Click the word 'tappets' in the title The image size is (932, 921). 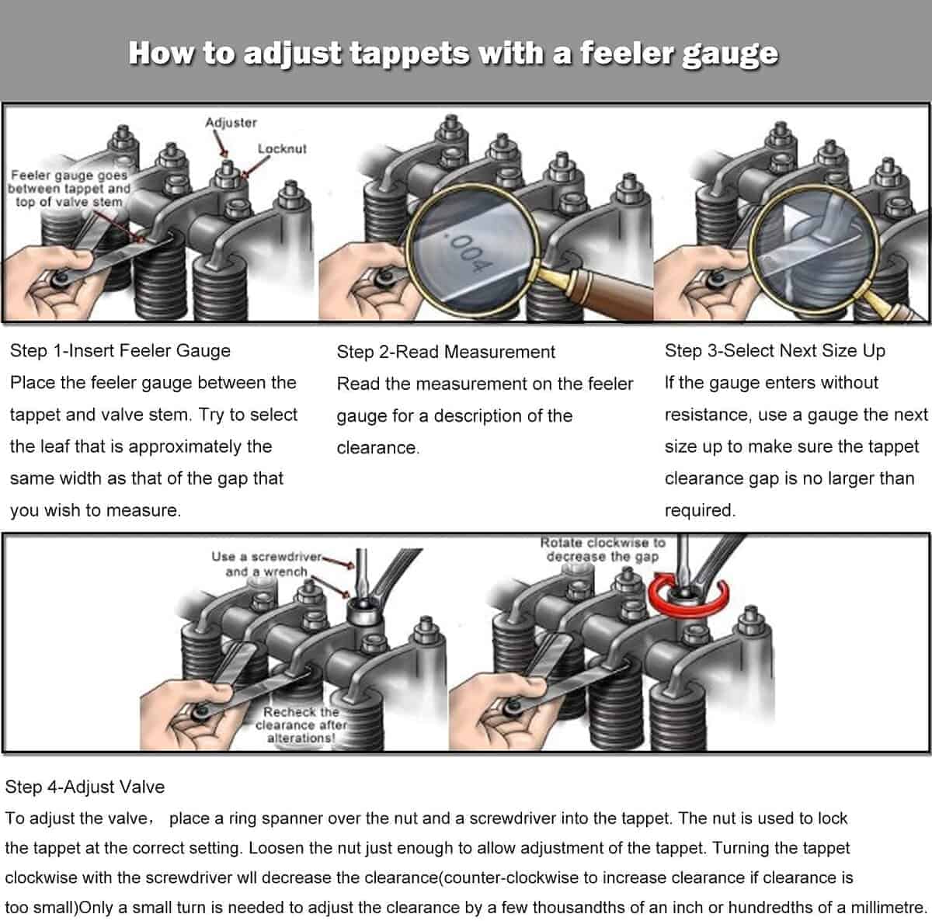tap(409, 53)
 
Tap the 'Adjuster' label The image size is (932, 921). tap(231, 123)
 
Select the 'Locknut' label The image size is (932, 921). tap(282, 148)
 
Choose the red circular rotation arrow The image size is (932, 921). tap(688, 595)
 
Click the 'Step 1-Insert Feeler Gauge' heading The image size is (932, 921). tap(120, 351)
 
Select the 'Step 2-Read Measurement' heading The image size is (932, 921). tap(446, 352)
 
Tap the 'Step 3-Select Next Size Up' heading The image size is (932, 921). tap(774, 351)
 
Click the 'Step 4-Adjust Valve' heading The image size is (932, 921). tap(85, 787)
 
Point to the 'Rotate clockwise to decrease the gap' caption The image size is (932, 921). tap(603, 550)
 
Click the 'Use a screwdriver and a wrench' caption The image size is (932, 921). tap(266, 564)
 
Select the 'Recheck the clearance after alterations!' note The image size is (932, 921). tap(301, 725)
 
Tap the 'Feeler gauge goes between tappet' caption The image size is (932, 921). tap(69, 188)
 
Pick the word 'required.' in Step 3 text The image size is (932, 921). tap(700, 510)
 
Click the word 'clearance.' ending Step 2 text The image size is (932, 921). tap(377, 447)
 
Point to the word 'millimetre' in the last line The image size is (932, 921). tap(887, 907)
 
